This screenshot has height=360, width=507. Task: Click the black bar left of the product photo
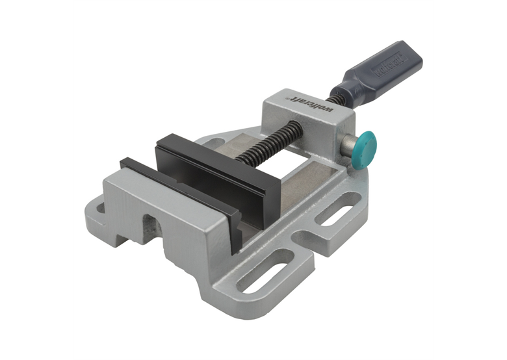tap(36, 180)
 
